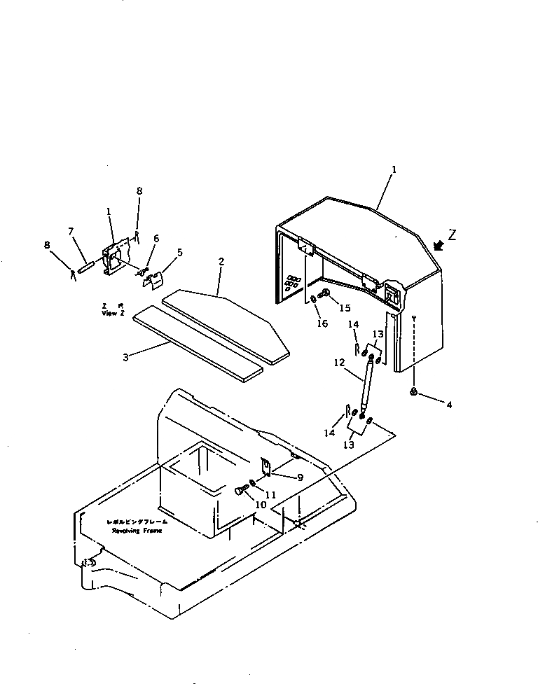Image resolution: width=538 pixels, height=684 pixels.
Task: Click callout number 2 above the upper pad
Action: click(x=221, y=262)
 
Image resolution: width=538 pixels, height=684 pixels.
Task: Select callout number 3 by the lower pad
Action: click(x=125, y=356)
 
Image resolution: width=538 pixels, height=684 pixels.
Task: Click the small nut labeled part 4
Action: click(x=415, y=392)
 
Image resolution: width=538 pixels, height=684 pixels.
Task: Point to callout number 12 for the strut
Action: click(x=338, y=363)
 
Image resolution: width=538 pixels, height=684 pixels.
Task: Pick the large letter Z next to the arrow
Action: click(x=452, y=235)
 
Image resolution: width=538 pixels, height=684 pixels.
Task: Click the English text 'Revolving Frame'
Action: click(x=137, y=531)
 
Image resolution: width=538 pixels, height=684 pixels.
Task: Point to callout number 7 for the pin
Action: click(x=71, y=231)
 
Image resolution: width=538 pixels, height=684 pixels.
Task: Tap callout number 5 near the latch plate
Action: click(x=180, y=253)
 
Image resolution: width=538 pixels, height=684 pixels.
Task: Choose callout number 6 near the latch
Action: click(x=156, y=239)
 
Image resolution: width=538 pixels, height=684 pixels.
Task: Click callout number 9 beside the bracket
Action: click(x=300, y=477)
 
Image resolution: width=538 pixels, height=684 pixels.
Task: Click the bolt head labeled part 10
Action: click(x=240, y=491)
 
